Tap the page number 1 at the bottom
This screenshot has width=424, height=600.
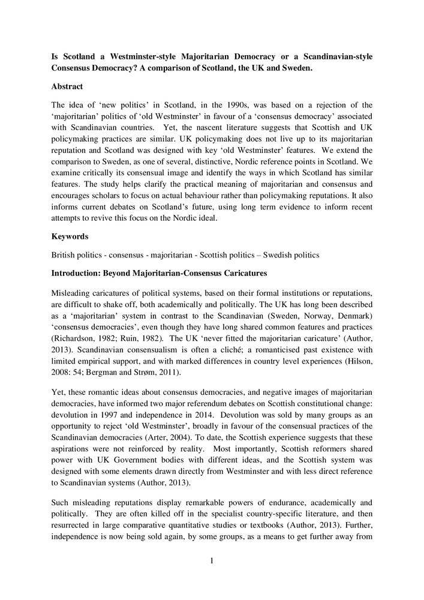point(212,561)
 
